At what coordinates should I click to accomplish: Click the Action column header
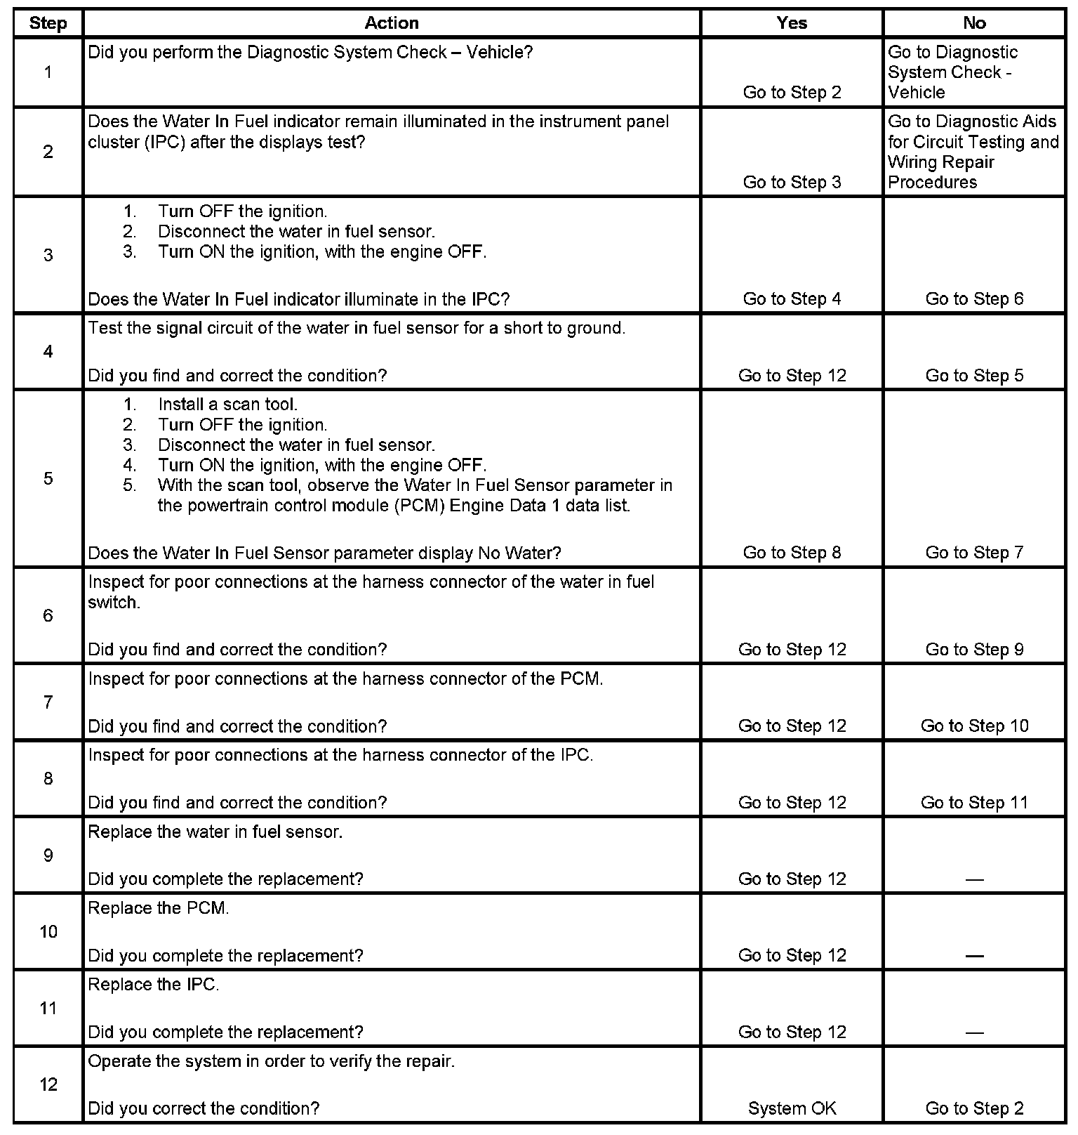click(x=392, y=23)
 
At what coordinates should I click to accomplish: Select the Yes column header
click(x=792, y=23)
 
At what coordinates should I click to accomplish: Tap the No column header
click(x=974, y=23)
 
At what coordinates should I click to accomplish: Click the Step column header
click(x=48, y=23)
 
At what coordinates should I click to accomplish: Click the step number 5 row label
click(x=48, y=478)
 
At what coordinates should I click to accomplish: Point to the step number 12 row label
click(x=48, y=1084)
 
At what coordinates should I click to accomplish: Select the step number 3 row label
click(x=48, y=255)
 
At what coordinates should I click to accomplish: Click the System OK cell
click(x=792, y=1108)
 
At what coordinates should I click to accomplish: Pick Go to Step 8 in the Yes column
click(x=792, y=553)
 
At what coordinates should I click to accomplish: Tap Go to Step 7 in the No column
click(x=974, y=553)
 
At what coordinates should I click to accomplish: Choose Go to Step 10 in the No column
click(x=974, y=726)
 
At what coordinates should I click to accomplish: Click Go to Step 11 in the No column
click(x=974, y=803)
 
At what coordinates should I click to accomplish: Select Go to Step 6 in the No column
click(x=974, y=299)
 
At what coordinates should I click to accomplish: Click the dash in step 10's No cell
click(x=974, y=956)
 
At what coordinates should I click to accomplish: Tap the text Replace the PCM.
click(x=159, y=908)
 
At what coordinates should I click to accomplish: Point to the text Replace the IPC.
click(x=154, y=985)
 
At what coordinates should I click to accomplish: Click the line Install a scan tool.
click(x=227, y=405)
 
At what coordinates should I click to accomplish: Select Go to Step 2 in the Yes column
click(x=792, y=93)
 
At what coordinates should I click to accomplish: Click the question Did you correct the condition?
click(x=204, y=1108)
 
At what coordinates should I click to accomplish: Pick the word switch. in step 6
click(x=114, y=603)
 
